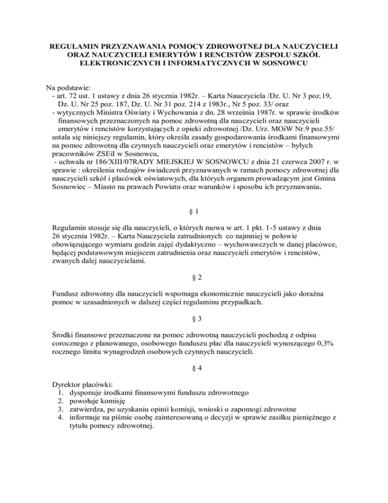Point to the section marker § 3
193,320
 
